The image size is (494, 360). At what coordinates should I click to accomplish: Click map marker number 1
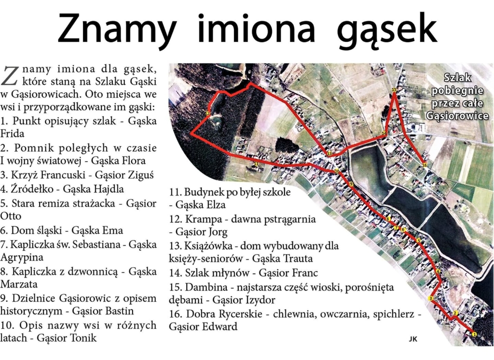474,334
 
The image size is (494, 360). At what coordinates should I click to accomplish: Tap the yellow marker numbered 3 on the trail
430,298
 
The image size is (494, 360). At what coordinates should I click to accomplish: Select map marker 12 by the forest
207,113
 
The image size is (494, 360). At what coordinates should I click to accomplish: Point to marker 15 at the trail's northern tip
394,90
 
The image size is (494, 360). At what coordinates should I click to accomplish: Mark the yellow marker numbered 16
425,165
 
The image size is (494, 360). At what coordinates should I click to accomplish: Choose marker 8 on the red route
387,220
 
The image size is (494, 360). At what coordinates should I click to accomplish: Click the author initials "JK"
413,339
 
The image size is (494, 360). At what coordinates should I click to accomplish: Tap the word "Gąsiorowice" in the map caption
457,116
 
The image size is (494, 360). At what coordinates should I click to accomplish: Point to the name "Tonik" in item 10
82,338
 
